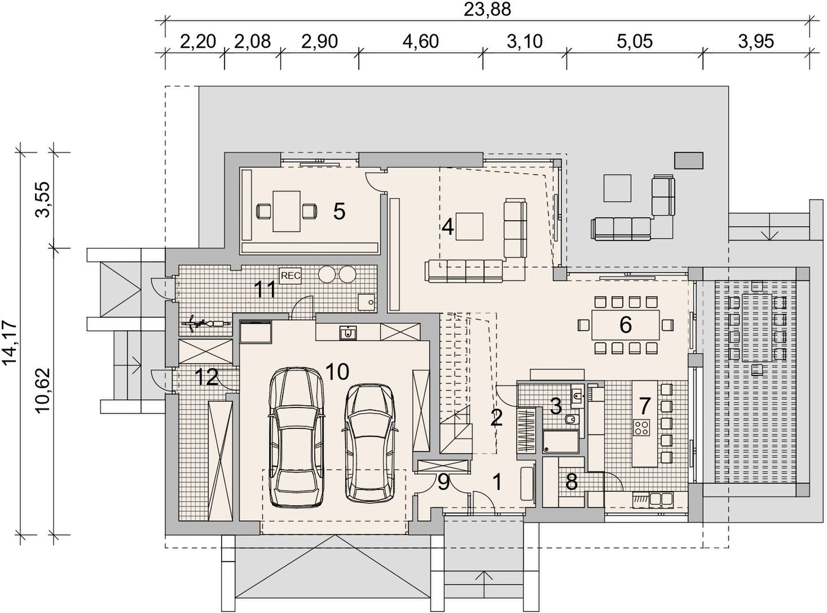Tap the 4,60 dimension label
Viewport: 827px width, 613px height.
click(x=421, y=41)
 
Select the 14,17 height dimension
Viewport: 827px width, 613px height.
click(x=10, y=343)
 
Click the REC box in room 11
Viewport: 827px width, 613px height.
click(x=291, y=275)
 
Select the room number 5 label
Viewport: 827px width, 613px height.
click(x=339, y=212)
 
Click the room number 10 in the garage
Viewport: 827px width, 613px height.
click(x=337, y=371)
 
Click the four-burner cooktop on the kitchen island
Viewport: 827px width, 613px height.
click(x=641, y=427)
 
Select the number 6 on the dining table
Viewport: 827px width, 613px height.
click(x=625, y=324)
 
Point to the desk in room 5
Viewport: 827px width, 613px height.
click(x=287, y=211)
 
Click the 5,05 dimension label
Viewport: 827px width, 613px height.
click(x=634, y=41)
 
